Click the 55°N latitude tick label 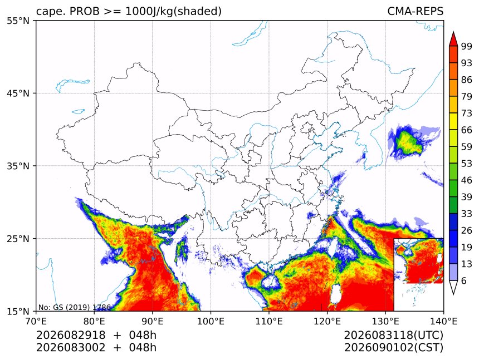[x=18, y=21]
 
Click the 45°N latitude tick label [x=18, y=93]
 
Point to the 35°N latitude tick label [x=18, y=166]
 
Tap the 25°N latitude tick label [x=18, y=239]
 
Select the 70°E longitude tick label [x=36, y=321]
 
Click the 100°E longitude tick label [x=211, y=321]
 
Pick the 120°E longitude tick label [x=327, y=321]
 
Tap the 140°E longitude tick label [x=443, y=321]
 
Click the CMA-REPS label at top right [x=415, y=11]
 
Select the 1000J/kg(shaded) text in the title [x=174, y=11]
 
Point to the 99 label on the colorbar [x=467, y=46]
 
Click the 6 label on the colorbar [x=464, y=280]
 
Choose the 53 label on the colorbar [x=467, y=164]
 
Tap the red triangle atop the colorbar [x=453, y=38]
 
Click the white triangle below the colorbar [x=453, y=287]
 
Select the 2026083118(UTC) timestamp [x=393, y=336]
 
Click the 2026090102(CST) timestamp [x=393, y=348]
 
